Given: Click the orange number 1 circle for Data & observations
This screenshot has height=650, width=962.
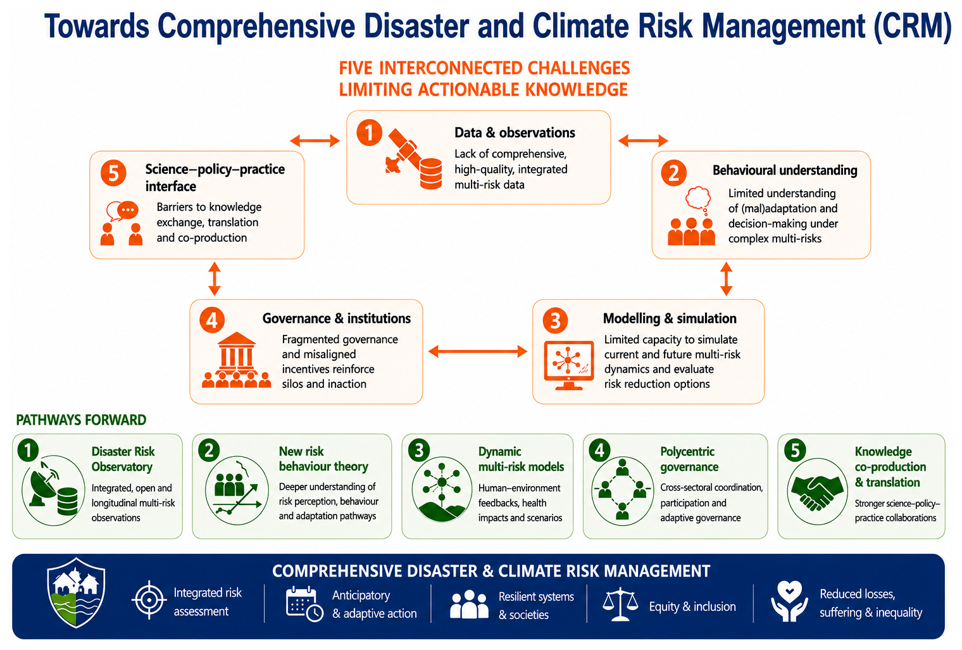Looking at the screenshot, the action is click(x=369, y=133).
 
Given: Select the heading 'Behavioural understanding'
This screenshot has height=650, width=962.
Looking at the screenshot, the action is click(x=785, y=170).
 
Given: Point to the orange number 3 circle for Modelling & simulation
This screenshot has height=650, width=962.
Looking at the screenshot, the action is click(x=555, y=320).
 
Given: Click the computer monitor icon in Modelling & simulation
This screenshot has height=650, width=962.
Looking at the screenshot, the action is click(x=568, y=365).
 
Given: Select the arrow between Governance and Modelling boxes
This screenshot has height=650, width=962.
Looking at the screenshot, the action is click(x=478, y=351).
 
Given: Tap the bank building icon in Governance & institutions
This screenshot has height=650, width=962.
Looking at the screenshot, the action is click(x=237, y=353).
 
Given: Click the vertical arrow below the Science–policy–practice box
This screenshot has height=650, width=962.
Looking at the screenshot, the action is click(x=215, y=279).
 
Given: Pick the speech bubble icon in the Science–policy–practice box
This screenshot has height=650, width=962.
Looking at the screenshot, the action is click(x=123, y=211).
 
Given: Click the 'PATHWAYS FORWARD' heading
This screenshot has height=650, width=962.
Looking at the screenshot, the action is click(x=81, y=420).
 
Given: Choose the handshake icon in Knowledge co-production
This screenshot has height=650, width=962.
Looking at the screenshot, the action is click(x=817, y=492).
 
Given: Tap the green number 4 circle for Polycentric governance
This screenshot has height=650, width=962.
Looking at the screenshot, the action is click(x=599, y=450).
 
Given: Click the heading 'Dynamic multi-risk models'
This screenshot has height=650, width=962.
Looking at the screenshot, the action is click(x=521, y=459).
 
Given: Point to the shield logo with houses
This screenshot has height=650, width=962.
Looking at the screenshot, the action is click(x=76, y=592).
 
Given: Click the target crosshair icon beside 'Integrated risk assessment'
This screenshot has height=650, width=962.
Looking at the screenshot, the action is click(x=149, y=600).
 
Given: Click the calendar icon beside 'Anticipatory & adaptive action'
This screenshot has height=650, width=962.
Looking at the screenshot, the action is click(x=304, y=604).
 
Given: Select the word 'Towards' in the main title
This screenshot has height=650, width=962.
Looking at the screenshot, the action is click(x=97, y=26).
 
